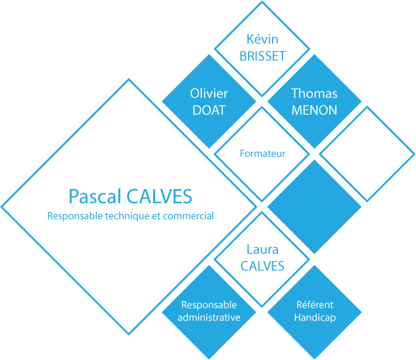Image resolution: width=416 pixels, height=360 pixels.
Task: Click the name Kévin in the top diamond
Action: point(262,40)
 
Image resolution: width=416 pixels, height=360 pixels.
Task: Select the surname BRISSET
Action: point(262,56)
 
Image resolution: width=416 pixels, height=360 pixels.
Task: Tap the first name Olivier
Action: point(209,93)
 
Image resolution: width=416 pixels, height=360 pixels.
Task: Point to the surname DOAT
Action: point(209,109)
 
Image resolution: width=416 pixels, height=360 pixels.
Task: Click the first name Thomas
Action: point(314,93)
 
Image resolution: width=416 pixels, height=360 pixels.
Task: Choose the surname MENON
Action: point(314,109)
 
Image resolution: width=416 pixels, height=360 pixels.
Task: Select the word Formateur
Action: point(263,154)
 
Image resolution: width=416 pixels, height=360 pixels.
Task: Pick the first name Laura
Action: point(262,250)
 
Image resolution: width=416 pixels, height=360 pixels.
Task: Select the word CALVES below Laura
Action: point(262,266)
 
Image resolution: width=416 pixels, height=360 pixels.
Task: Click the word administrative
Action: point(209,318)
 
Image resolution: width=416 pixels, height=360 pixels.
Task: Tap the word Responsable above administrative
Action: point(209,305)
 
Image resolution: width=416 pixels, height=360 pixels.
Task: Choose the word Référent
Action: point(314,305)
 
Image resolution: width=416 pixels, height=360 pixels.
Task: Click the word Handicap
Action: point(314,318)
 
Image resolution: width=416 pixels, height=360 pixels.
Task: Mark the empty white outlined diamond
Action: point(367,154)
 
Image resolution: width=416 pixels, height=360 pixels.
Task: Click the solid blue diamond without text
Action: point(314,207)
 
